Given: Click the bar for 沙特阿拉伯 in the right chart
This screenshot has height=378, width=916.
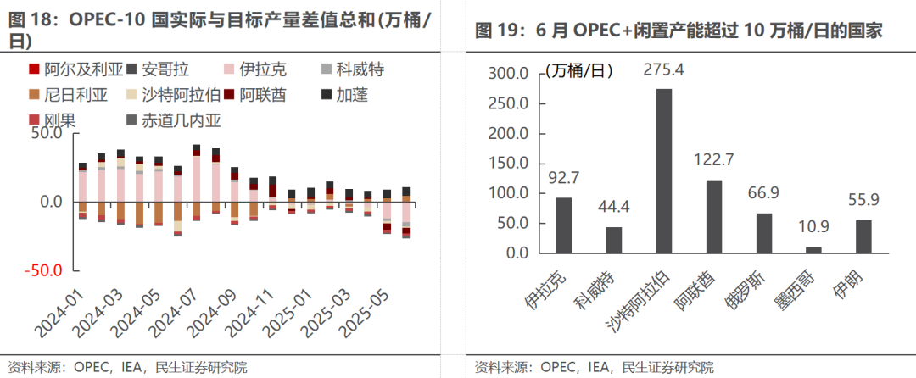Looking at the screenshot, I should [x=664, y=170].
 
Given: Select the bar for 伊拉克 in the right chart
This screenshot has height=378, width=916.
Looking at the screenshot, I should [x=564, y=225].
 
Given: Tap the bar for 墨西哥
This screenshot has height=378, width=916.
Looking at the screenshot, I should [x=813, y=250].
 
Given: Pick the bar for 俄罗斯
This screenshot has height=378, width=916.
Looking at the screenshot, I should [x=764, y=233].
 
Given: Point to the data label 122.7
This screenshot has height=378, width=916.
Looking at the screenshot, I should [x=713, y=158].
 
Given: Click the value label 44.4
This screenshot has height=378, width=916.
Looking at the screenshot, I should [x=614, y=204].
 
